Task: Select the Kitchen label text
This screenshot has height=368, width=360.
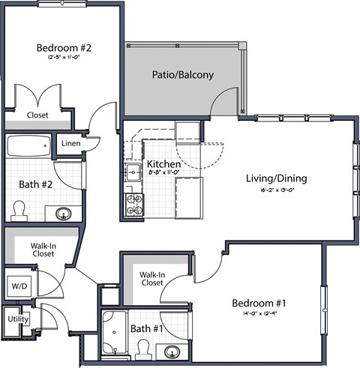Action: [162, 164]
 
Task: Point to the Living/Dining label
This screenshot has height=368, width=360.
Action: [276, 178]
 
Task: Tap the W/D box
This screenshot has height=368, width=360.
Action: [17, 285]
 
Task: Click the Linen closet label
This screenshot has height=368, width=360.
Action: [71, 143]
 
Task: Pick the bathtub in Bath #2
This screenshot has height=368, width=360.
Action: [28, 145]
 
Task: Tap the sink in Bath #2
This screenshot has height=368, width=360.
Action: [63, 214]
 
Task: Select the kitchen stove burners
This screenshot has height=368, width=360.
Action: [133, 204]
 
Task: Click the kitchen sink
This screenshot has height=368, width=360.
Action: [132, 172]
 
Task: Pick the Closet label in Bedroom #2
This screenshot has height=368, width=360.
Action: [37, 115]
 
